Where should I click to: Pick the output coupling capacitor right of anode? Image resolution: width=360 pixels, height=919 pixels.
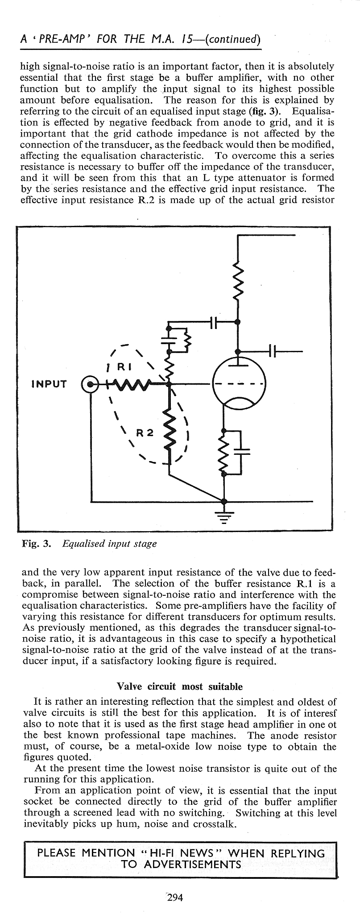click(x=273, y=352)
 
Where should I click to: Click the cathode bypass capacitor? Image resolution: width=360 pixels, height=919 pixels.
click(x=241, y=451)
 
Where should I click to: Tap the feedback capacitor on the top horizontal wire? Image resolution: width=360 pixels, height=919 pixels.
click(x=213, y=321)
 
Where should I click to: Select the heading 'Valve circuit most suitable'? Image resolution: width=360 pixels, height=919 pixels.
click(x=179, y=686)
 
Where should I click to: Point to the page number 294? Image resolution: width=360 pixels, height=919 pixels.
click(x=175, y=897)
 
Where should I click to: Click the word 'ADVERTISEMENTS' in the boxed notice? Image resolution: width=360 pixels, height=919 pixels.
click(x=181, y=865)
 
